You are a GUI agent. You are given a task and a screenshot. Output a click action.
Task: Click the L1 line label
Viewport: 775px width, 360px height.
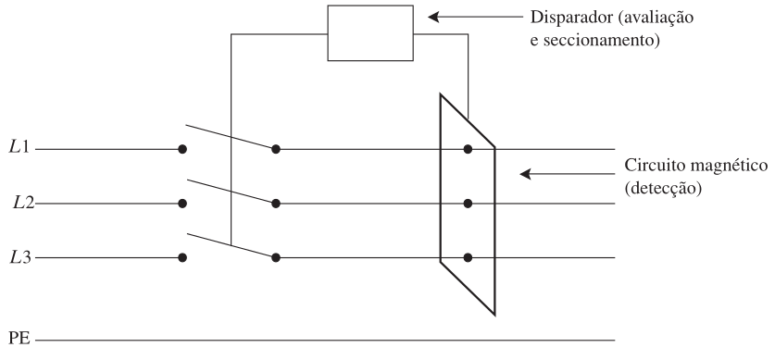tap(19, 147)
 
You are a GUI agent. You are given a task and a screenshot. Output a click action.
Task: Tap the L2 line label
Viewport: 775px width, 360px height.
tap(24, 202)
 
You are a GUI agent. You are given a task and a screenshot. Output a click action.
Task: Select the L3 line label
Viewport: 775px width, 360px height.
tap(20, 256)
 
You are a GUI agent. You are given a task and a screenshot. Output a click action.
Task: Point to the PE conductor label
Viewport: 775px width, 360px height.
tap(19, 340)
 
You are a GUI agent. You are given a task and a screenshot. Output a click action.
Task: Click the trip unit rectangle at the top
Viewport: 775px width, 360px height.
tap(370, 33)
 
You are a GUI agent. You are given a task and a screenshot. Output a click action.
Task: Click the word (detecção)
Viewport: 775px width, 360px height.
tap(663, 189)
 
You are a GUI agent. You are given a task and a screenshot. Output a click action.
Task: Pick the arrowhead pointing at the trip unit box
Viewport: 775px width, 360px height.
tap(433, 18)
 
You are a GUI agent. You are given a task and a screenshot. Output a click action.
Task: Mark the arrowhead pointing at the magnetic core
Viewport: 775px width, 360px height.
tap(525, 174)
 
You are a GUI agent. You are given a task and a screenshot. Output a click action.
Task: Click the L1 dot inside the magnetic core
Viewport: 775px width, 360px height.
tap(468, 149)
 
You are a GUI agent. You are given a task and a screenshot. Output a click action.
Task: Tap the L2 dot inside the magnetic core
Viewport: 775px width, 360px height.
tap(468, 204)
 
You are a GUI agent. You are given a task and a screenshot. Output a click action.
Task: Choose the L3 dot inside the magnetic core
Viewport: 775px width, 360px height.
tap(468, 257)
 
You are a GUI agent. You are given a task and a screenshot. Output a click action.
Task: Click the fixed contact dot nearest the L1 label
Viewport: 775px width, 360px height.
tap(182, 149)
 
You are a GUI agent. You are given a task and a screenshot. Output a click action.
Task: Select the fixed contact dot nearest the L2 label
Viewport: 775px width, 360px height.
tap(182, 204)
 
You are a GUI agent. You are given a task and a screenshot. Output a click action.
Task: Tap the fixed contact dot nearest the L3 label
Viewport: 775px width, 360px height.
tap(182, 257)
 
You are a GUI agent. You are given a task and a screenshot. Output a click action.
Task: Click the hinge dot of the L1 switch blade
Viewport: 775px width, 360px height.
tap(276, 149)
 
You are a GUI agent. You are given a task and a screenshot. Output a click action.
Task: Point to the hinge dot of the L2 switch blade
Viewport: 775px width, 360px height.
tap(276, 204)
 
